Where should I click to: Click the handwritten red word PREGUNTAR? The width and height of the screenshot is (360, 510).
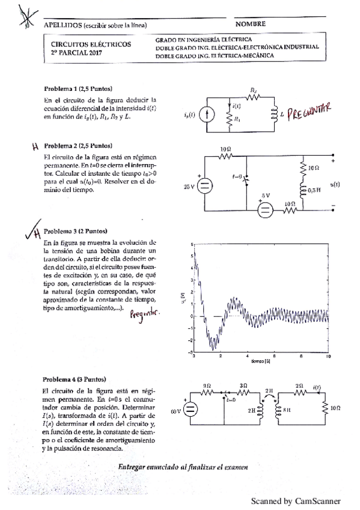pos(310,112)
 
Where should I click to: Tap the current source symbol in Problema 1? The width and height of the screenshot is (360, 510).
pos(207,113)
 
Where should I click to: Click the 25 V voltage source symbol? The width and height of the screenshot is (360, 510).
pos(205,186)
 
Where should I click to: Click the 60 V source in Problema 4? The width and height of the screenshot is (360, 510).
pos(189,412)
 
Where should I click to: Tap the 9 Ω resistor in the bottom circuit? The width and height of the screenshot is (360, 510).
pos(207,391)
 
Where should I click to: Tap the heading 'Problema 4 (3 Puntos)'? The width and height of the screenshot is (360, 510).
pos(74,380)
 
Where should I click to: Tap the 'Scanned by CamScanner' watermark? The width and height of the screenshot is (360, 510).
pos(296,500)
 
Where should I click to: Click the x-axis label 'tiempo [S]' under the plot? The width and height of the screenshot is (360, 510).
pos(260,363)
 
